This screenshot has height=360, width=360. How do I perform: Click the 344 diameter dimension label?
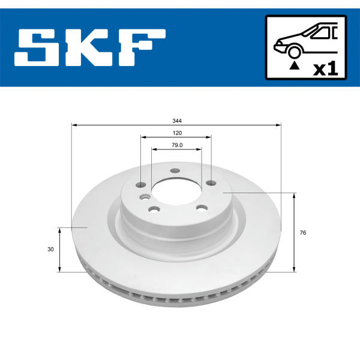tap(177, 121)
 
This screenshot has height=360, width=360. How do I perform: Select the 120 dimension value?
tap(177, 133)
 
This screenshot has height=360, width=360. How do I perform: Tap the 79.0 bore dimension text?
tap(177, 145)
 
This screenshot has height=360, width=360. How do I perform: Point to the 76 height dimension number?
tap(303, 233)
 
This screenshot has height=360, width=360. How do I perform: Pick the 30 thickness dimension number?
tap(50, 249)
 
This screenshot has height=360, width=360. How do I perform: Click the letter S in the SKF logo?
tap(37, 47)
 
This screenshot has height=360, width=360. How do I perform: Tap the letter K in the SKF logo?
tap(89, 47)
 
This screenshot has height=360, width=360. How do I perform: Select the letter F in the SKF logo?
tap(142, 47)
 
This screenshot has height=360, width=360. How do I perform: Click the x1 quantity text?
tap(326, 69)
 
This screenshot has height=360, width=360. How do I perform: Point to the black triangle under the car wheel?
tap(295, 66)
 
